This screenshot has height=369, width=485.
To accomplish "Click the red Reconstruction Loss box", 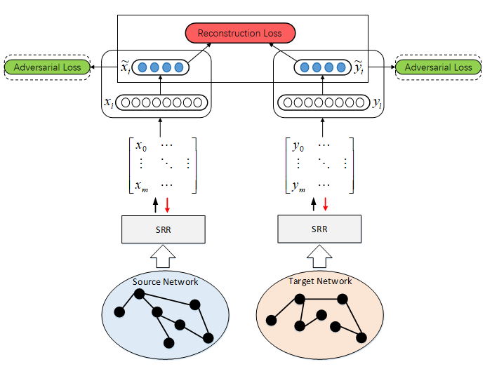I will (x=240, y=32).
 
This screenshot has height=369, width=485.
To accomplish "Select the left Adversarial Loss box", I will (x=47, y=67).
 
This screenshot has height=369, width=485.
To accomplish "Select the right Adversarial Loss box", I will (x=438, y=67).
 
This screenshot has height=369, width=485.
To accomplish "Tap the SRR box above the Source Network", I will (x=162, y=229).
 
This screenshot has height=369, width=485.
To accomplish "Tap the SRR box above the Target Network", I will (x=320, y=229).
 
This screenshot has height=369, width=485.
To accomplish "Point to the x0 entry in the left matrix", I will (x=142, y=147).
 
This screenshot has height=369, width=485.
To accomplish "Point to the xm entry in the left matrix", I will (x=142, y=186).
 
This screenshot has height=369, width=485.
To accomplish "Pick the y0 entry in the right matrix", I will (x=299, y=147).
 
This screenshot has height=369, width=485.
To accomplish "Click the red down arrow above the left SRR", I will (x=168, y=205).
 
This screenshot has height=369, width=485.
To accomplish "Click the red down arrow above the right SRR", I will (x=325, y=205).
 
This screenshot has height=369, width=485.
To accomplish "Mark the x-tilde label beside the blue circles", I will (x=124, y=67).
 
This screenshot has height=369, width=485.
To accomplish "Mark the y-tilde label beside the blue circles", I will (x=358, y=67).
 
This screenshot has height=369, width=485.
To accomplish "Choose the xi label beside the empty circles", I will (x=109, y=102).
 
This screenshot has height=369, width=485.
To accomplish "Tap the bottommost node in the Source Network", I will (x=168, y=342).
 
